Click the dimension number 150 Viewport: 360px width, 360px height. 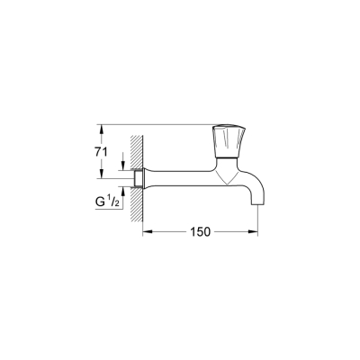200,231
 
